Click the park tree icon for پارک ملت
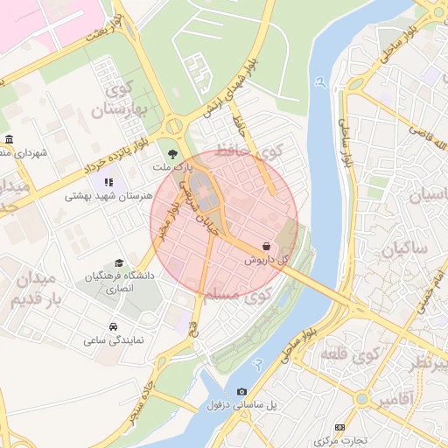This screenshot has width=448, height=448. [171, 153]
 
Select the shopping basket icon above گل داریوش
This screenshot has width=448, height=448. [265, 247]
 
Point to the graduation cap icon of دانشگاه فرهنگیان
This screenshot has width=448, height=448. [119, 263]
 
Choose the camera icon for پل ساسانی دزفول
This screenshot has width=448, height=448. [241, 391]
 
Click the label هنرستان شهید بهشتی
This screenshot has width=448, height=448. [108, 197]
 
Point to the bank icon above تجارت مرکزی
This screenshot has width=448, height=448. [353, 426]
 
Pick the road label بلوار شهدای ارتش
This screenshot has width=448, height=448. [241, 87]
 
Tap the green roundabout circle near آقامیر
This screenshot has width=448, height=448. [362, 399]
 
